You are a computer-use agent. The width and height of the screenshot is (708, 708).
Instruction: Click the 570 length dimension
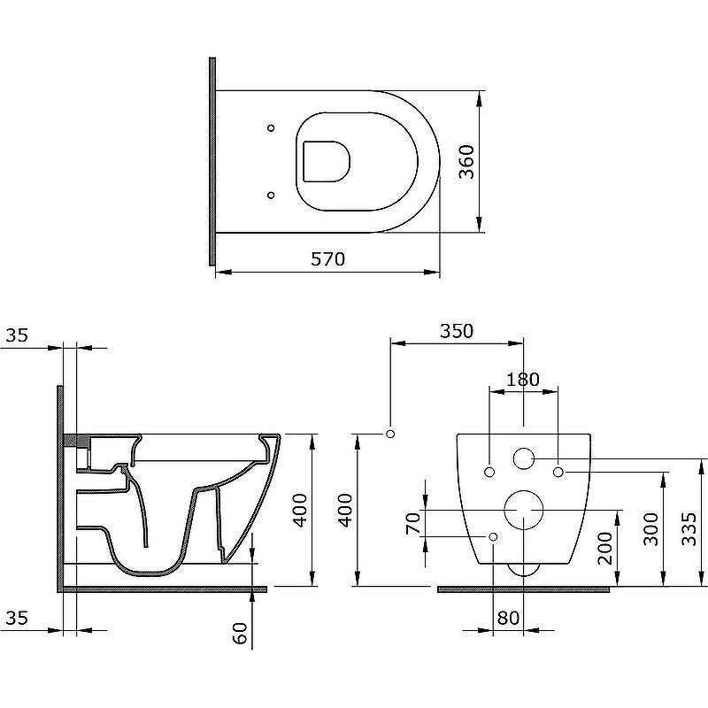327,259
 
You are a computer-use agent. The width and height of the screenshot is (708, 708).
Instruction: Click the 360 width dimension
467,162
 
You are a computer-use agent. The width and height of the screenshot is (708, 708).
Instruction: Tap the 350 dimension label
457,331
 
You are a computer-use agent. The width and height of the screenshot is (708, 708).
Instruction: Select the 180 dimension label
523,380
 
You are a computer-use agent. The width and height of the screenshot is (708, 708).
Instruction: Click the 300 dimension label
650,528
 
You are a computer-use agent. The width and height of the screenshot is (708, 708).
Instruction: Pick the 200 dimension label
605,548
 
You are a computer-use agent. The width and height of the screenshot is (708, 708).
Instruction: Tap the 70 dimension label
413,523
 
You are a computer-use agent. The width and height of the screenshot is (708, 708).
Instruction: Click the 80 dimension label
508,618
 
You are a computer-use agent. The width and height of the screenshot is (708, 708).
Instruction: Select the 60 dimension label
240,633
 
